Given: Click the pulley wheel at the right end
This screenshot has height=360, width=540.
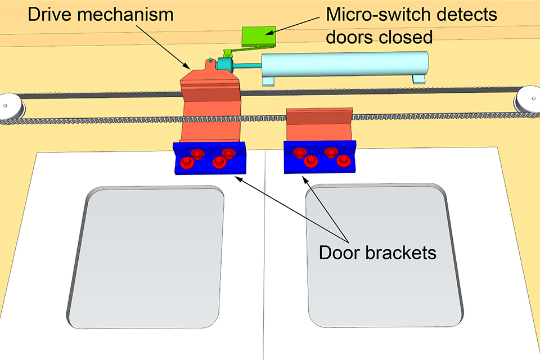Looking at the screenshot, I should pos(529,99).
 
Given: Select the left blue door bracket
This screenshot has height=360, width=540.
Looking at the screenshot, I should pos(209,159).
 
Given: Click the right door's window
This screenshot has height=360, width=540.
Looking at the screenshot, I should pos(382,256).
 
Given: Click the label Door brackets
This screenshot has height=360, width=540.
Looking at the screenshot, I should pos(377,253).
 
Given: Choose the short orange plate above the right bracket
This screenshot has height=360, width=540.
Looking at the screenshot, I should pos(318,125).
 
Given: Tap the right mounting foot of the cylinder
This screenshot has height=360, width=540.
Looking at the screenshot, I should pos(419,79).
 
